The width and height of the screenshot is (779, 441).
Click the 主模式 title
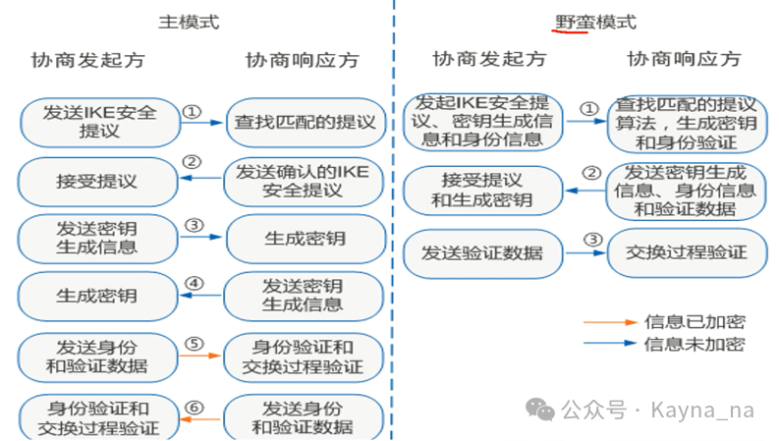pos(189,22)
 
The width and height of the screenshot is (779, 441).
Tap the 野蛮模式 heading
pos(595,22)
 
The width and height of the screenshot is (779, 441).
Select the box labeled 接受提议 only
pos(97,182)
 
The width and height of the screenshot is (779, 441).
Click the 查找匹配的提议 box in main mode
pos(306,122)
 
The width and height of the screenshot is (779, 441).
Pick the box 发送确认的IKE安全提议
pos(304,182)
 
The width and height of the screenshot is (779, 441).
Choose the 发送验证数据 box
pos(483,253)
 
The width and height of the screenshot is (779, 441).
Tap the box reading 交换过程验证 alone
pos(687,252)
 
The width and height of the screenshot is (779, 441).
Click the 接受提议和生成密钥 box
pos(483,191)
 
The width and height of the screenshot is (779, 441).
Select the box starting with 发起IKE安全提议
pos(483,122)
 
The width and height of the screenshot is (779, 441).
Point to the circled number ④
pos(195,284)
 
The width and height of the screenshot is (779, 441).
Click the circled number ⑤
pos(195,344)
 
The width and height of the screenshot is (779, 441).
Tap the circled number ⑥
pos(195,408)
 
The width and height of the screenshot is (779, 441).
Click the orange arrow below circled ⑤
pos(199,356)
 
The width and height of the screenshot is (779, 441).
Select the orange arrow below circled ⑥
pos(199,419)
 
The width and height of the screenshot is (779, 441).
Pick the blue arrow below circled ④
pos(200,296)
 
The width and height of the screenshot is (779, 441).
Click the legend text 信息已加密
pos(696,322)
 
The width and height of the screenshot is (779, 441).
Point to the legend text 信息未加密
pos(696,344)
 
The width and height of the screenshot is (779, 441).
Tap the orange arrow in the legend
pos(611,322)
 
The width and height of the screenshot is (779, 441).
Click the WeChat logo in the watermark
pos(540,410)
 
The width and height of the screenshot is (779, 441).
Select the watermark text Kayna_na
pos(702,411)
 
